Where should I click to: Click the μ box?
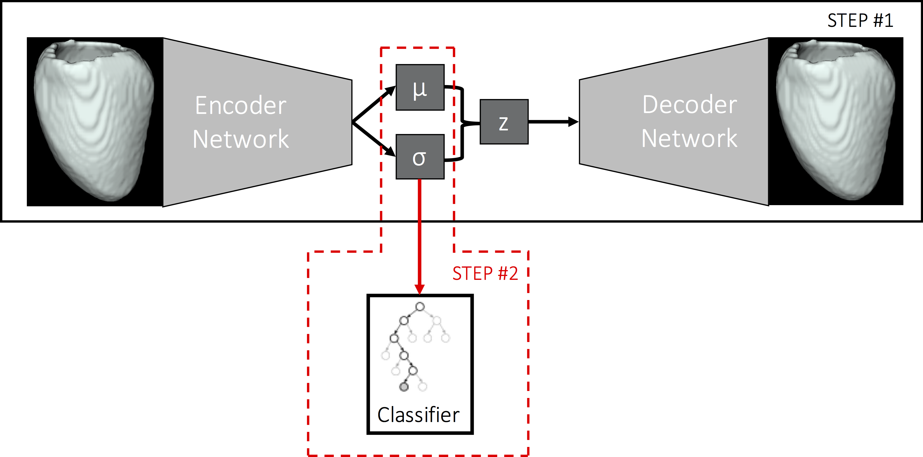pos(420,87)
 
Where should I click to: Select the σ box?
pos(420,157)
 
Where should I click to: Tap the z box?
pos(504,122)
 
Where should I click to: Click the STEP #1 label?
pos(860,20)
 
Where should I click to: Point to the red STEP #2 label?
pos(485,274)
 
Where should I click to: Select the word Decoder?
pos(689,105)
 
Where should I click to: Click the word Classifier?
pos(418,415)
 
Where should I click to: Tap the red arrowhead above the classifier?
pos(420,289)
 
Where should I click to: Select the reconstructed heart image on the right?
pos(836,122)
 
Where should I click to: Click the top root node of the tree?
pos(420,307)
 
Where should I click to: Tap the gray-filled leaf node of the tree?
pos(404,387)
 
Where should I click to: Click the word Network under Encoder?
pos(240,139)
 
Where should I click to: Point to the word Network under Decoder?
pos(689,138)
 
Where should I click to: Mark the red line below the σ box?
pos(420,233)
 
